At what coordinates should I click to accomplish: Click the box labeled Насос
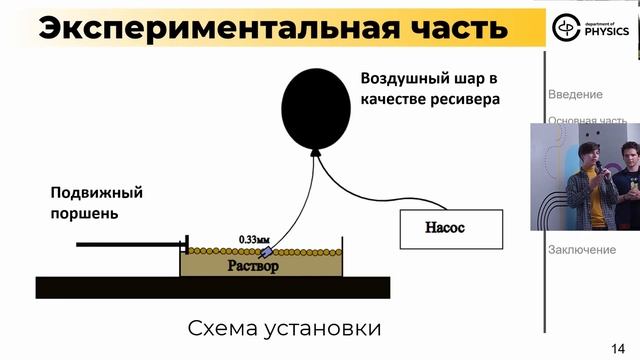(446, 228)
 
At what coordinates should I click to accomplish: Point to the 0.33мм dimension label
(255, 239)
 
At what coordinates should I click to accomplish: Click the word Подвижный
(97, 192)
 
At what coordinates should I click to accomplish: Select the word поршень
(85, 213)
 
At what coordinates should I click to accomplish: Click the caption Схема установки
(285, 328)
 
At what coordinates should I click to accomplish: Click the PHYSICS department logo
(591, 29)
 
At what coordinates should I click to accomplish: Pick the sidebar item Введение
(575, 94)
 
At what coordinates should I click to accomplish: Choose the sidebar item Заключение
(581, 250)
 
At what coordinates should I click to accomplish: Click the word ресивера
(463, 100)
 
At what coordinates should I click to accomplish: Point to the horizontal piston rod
(130, 243)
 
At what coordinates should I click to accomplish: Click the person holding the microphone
(583, 180)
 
